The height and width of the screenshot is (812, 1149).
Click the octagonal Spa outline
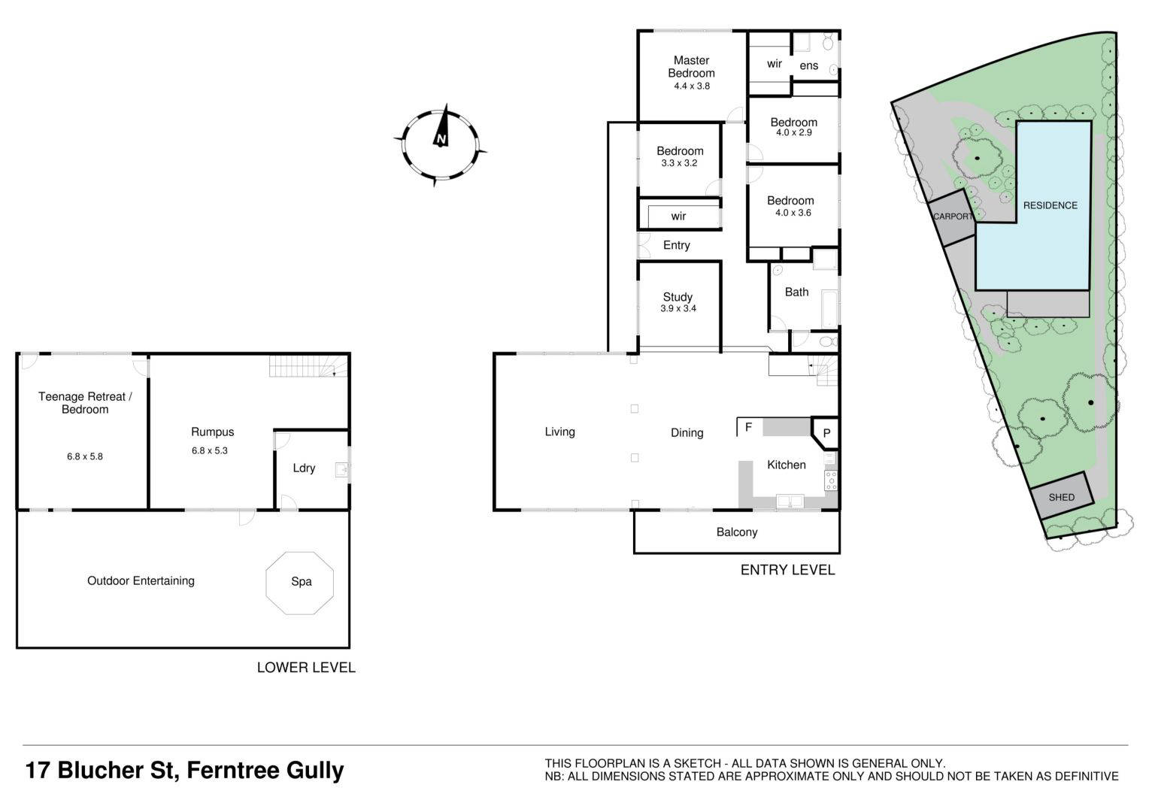pos(267,583)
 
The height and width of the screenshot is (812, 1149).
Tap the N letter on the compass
pos(441,139)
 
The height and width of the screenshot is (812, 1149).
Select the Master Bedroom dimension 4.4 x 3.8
pos(692,86)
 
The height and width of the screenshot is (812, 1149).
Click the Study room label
pos(678,297)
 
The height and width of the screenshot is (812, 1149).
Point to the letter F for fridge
pos(748,427)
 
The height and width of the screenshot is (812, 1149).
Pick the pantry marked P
pos(826,434)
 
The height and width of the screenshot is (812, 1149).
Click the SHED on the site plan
pos(1061,496)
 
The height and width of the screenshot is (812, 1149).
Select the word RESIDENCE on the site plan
pos(1050,206)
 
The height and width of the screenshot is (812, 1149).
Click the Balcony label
pos(737,532)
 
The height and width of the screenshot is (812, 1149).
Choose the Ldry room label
pos(304,468)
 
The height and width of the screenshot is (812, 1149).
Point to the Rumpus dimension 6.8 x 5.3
pos(209,451)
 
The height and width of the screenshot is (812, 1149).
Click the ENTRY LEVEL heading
pos(787,570)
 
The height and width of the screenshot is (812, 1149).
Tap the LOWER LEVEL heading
pos(306,668)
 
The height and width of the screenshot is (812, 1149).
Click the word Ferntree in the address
pos(232,771)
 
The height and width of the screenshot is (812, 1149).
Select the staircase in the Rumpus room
pos(309,366)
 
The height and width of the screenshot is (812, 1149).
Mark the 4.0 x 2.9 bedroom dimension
pos(793,132)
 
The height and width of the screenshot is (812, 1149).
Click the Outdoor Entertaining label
pos(141,580)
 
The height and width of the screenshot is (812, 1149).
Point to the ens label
pos(809,65)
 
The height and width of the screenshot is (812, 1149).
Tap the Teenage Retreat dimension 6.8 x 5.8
pos(85,456)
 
